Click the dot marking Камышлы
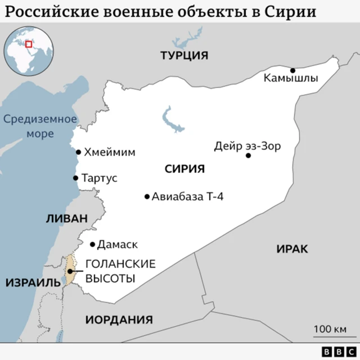click(292, 70)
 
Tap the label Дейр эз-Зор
click(247, 146)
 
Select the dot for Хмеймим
click(79, 152)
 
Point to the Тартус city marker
click(75, 178)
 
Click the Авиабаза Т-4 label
click(188, 197)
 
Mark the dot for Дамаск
click(93, 244)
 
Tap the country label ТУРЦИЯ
click(184, 56)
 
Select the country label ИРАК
click(292, 248)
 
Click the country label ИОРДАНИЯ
click(119, 319)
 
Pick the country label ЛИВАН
click(67, 219)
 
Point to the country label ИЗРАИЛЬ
click(33, 282)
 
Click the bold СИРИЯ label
click(184, 169)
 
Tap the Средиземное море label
click(39, 127)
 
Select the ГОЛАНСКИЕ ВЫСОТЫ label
click(112, 271)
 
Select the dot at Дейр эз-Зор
click(248, 155)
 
